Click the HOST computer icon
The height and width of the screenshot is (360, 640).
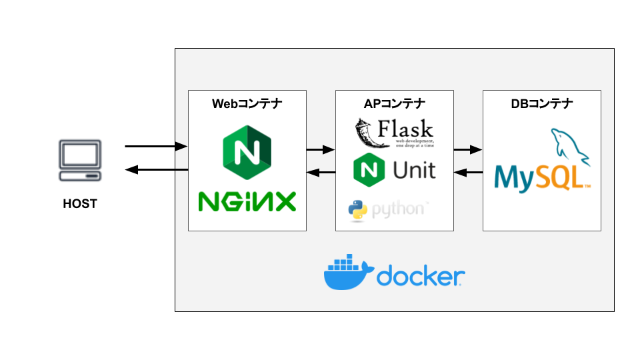coord(80,160)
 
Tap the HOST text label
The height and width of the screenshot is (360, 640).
coord(80,204)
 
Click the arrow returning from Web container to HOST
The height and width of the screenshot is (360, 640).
coord(156,170)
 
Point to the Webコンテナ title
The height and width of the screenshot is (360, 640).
coord(247,103)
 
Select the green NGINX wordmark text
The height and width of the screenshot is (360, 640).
coord(247,201)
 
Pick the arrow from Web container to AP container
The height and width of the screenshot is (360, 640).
coord(321,149)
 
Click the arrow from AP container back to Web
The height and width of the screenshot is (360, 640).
coord(321,173)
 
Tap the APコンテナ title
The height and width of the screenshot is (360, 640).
coord(395,103)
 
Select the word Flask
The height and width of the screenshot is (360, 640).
coord(405,128)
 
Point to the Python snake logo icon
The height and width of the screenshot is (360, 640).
coord(358,209)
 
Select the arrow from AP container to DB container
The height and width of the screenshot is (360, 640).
coord(468,149)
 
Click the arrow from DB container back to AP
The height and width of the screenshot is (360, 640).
coord(468,173)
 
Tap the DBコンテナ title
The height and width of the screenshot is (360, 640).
coord(541,103)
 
